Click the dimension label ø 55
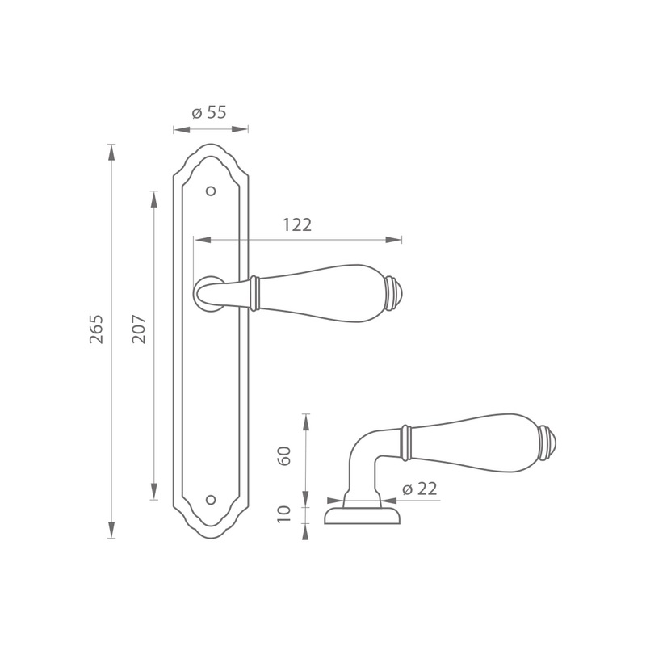(209, 112)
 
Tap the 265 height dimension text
(96, 329)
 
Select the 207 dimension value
(139, 329)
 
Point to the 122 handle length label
(297, 225)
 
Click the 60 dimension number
(284, 456)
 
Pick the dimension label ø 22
(419, 489)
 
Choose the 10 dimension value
(284, 514)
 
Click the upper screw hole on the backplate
(211, 191)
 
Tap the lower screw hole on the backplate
(211, 500)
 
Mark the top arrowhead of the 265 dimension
(111, 153)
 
